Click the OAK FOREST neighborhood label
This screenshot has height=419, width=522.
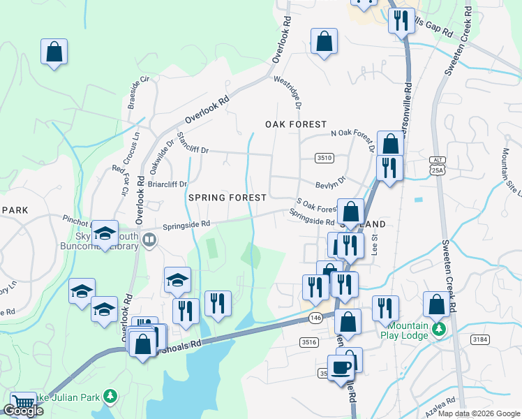296,124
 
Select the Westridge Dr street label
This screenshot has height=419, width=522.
288,93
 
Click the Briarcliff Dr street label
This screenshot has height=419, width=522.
167,184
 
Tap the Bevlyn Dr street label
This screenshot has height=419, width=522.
331,182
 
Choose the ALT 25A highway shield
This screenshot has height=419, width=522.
436,165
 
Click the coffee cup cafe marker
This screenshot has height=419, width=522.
341,368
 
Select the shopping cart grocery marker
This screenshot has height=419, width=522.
24,403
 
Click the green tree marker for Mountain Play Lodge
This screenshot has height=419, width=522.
439,328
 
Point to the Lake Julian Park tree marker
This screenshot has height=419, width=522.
110,397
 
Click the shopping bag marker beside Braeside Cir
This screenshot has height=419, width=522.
54,52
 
